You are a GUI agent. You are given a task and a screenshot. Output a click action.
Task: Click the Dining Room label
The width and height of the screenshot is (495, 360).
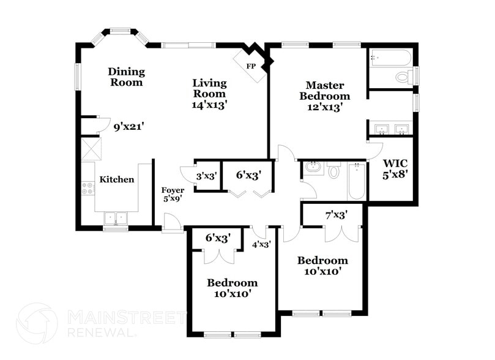point(126,77)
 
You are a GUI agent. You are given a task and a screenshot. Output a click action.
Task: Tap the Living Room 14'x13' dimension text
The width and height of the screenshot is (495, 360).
point(209,105)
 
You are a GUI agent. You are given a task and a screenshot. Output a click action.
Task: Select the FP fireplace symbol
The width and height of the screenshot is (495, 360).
point(251,66)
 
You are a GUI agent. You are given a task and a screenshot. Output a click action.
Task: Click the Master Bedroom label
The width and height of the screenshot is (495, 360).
point(328,91)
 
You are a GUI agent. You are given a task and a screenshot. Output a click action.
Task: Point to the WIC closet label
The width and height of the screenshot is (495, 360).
point(395,164)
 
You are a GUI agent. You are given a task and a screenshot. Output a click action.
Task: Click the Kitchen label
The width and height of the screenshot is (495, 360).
point(117,179)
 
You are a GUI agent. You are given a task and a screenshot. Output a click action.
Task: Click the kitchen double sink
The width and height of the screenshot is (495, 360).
point(115,218)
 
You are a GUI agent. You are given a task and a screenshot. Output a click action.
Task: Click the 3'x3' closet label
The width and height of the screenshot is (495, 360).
point(207,176)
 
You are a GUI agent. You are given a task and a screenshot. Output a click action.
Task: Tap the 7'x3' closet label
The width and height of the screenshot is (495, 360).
point(336,215)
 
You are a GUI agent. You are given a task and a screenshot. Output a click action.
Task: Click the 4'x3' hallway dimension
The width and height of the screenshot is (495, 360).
point(262,244)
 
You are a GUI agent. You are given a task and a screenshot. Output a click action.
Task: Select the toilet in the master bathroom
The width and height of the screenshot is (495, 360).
point(403,77)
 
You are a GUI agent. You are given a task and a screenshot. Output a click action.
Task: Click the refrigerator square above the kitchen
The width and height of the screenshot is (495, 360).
point(92,149)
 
